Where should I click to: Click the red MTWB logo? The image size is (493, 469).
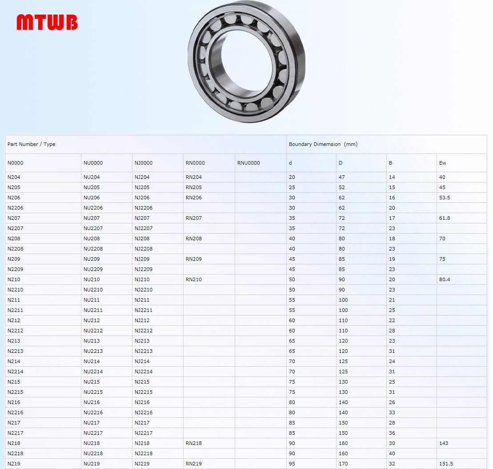pos(47,22)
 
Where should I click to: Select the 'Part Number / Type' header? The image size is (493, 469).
pos(32,144)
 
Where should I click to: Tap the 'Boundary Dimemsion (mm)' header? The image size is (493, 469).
pos(323,144)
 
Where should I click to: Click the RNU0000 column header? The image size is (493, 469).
pos(249,163)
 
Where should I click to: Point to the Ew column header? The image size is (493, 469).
pos(442,163)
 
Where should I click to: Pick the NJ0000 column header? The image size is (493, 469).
pos(144,163)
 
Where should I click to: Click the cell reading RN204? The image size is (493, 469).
pos(194,177)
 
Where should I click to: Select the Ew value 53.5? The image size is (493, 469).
pos(445,198)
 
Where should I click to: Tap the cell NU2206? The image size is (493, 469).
pos(93,208)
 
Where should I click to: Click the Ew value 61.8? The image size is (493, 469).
pos(445,218)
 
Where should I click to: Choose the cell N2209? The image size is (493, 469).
pos(16,269)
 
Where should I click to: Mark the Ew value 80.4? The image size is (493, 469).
pos(445,279)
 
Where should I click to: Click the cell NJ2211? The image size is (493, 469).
pos(144,310)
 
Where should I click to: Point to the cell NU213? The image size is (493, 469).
pos(92,341)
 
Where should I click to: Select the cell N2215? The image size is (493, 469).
pos(16,392)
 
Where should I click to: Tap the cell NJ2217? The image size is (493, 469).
pos(144,433)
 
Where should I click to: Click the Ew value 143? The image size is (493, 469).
pos(443,443)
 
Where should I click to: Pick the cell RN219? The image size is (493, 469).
pos(194,464)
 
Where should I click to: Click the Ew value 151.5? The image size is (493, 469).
pos(446,464)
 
